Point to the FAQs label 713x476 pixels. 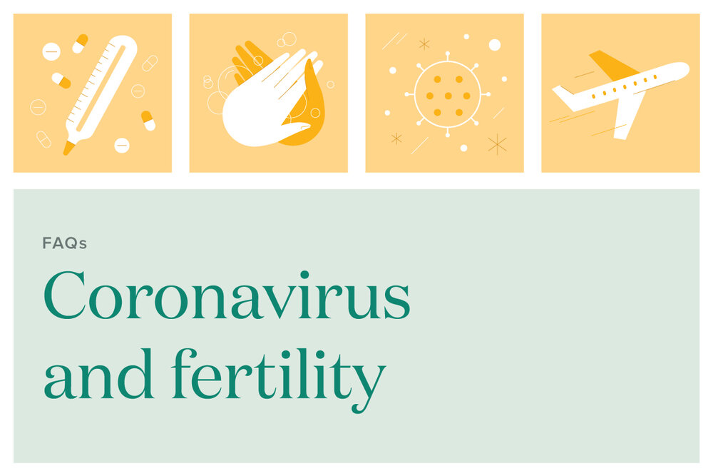64,243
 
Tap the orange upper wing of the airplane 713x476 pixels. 610,65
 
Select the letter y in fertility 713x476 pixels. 368,382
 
